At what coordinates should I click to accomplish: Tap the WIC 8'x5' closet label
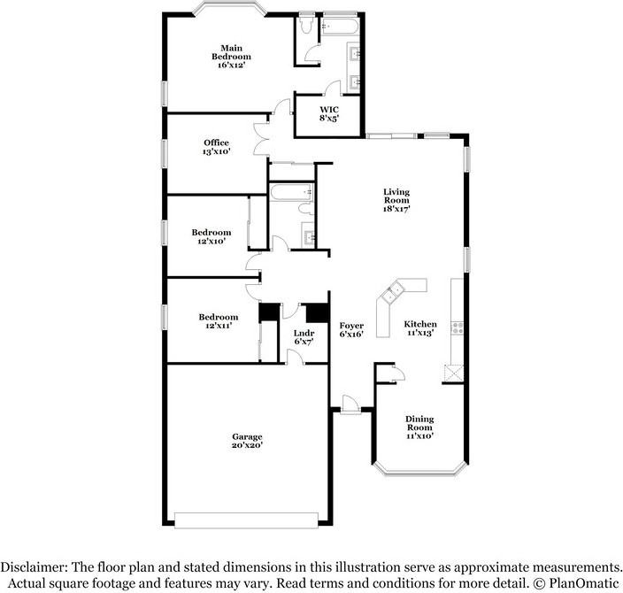pyautogui.click(x=329, y=114)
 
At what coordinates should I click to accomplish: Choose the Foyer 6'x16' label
pyautogui.click(x=351, y=330)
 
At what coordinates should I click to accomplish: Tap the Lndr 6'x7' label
pyautogui.click(x=304, y=338)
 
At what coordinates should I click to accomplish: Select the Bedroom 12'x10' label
pyautogui.click(x=211, y=236)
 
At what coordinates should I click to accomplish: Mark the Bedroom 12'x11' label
pyautogui.click(x=218, y=321)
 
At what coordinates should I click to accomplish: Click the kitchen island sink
pyautogui.click(x=393, y=289)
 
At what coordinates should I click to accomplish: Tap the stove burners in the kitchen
pyautogui.click(x=457, y=327)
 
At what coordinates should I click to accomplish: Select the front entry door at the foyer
pyautogui.click(x=349, y=404)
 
